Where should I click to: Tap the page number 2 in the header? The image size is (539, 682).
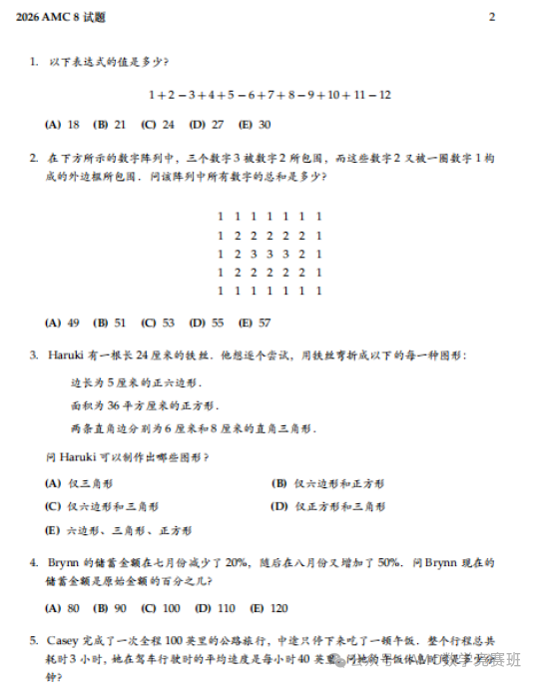point(492,17)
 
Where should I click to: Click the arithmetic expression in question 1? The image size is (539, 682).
point(269,95)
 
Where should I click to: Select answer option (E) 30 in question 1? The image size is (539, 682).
point(258,125)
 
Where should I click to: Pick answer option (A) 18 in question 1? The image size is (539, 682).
point(63,125)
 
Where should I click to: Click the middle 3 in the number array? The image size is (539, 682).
point(269,254)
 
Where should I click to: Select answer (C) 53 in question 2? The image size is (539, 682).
point(159,323)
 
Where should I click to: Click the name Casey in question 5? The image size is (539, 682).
point(66,640)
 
